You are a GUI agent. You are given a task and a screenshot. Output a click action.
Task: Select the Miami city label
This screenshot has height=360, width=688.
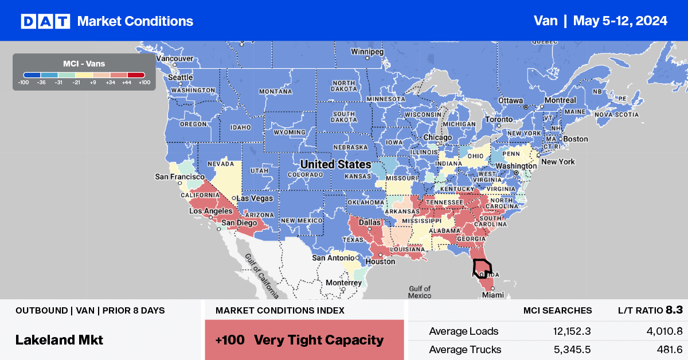[x=493, y=295]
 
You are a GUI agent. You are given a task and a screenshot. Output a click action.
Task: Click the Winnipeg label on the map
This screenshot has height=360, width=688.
[x=367, y=52]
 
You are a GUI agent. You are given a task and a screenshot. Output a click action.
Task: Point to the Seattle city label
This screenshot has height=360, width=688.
[x=180, y=78]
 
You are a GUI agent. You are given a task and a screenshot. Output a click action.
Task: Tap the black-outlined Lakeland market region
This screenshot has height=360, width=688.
[x=482, y=268]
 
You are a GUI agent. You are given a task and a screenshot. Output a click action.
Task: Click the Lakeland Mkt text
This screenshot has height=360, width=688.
[x=59, y=339]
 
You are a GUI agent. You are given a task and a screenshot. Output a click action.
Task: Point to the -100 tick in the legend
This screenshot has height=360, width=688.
[x=24, y=83]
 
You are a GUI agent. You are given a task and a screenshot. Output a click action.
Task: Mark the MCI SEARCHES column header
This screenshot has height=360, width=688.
[x=557, y=311]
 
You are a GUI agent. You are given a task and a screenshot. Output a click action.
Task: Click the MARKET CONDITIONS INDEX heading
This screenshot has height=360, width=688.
[x=280, y=311]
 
